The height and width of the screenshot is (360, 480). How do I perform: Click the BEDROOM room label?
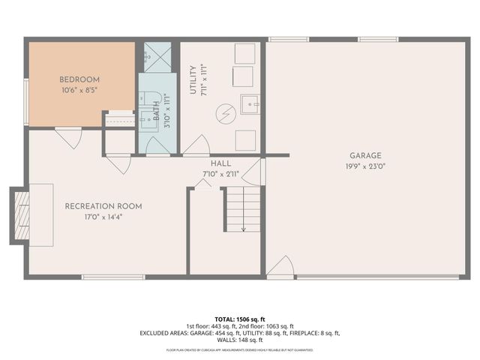tap(79, 79)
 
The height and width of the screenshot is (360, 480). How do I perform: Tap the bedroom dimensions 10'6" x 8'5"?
tap(79, 91)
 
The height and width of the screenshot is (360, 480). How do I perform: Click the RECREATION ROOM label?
tap(103, 206)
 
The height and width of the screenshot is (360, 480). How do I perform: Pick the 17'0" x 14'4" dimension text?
tap(103, 217)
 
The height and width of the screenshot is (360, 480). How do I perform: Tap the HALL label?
tap(220, 163)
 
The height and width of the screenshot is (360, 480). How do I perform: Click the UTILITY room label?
tap(193, 79)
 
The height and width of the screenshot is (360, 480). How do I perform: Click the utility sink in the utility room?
tap(250, 103)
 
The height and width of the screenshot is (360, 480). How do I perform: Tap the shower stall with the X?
tap(157, 56)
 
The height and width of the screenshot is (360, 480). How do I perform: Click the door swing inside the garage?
tap(280, 267)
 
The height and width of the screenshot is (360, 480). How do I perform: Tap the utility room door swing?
tap(196, 145)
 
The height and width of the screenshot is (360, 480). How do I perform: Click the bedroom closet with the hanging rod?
tap(118, 118)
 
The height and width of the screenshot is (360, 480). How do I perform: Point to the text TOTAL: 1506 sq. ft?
tap(240, 319)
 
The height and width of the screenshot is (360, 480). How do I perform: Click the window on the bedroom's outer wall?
tap(25, 101)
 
